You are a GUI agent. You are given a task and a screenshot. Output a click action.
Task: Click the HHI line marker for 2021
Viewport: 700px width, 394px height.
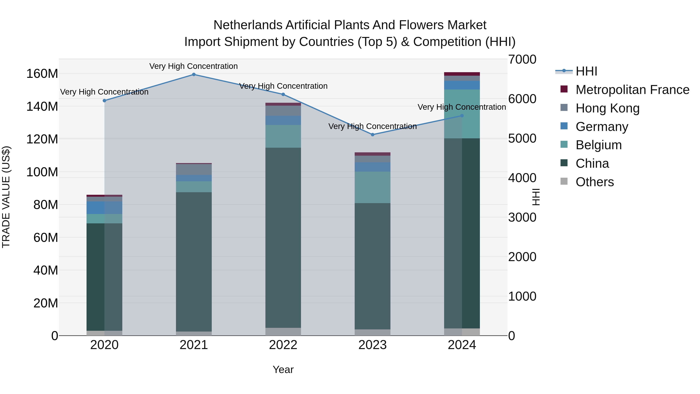[x=194, y=75]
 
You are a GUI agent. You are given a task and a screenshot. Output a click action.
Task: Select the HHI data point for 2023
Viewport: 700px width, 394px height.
[x=373, y=135]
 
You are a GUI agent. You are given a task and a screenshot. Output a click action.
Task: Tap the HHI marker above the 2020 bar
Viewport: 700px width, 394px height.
[x=104, y=101]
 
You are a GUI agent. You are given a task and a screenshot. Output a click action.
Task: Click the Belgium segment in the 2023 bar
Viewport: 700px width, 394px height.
[x=373, y=187]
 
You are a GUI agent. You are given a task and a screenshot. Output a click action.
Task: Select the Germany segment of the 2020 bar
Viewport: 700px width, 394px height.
[x=104, y=208]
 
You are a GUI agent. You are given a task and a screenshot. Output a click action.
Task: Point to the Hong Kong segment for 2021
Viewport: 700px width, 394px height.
[x=194, y=170]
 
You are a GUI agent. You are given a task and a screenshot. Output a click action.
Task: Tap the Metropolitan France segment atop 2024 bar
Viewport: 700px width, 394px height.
[x=462, y=74]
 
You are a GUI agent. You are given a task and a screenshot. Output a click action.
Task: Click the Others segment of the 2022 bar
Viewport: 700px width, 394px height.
[x=283, y=332]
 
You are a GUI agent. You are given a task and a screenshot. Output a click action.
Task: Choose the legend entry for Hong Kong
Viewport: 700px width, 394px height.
[x=608, y=108]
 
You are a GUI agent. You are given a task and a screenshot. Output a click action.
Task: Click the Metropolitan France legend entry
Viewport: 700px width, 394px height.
[x=632, y=90]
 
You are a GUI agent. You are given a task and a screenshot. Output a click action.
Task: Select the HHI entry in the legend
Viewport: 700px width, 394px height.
[x=586, y=71]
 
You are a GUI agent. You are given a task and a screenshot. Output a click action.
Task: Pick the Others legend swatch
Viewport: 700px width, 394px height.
[x=564, y=181]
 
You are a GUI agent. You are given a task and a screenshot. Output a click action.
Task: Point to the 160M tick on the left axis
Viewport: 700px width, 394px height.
[x=42, y=74]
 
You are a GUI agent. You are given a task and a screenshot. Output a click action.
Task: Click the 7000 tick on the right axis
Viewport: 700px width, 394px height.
[x=522, y=60]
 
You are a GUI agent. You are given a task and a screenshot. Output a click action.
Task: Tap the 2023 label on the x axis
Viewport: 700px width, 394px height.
[x=373, y=345]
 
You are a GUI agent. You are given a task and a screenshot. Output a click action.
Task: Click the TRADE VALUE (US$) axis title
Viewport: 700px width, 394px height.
[x=6, y=197]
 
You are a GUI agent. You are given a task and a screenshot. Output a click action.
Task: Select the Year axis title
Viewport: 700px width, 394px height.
[x=283, y=369]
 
